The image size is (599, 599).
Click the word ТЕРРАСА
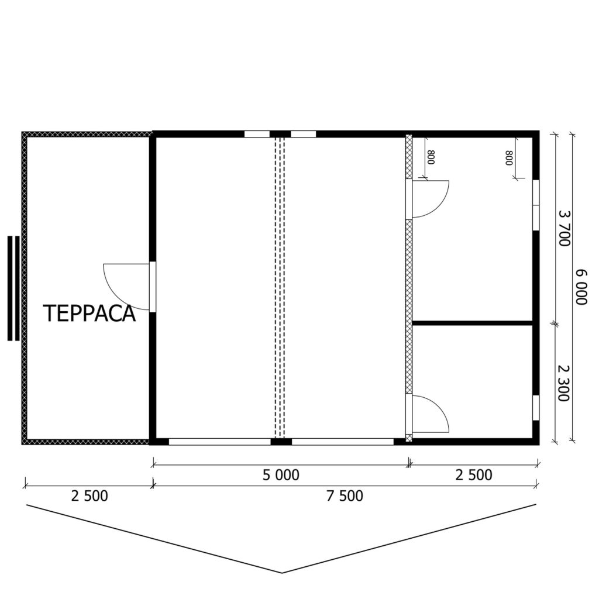pos(89,314)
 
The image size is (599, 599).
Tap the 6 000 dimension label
pos(581,287)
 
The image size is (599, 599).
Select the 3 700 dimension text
pos(564,228)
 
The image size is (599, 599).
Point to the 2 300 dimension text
pos(564,383)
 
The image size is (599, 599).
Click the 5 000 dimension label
pos(281,475)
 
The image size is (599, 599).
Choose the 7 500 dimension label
pos(345,496)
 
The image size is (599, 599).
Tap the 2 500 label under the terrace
pos(89,496)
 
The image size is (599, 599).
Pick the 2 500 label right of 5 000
pos(474,475)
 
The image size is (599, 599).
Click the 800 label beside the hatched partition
pos(431,157)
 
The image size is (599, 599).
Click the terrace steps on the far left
pos(13,288)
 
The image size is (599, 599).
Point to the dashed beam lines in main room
pos(280,287)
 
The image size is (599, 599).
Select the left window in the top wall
pos(257,134)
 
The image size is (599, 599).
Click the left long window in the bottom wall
pos(220,442)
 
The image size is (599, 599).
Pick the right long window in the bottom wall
pos(343,442)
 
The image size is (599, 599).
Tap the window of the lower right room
pos(536,408)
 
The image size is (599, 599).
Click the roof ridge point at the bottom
pos(282,573)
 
